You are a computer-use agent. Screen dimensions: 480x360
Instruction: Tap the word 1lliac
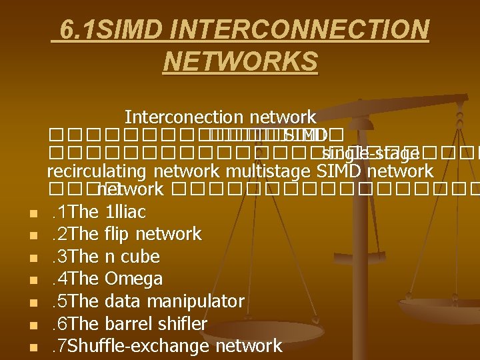click(127, 212)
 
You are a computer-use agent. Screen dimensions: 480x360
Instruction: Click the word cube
click(139, 257)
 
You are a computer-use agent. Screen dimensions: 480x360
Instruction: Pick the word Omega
click(134, 279)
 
